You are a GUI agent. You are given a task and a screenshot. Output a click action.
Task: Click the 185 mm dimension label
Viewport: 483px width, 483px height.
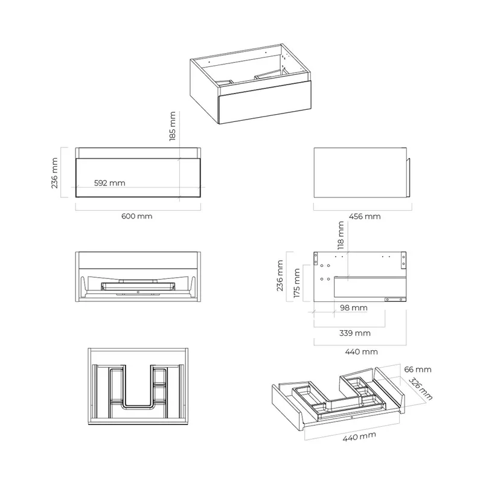click(173, 126)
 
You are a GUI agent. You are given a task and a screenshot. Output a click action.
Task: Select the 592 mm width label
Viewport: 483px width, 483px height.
click(110, 183)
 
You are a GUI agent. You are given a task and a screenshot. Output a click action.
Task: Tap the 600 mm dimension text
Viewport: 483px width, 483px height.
click(137, 216)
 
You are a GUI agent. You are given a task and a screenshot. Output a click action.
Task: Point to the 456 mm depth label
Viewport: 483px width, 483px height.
click(365, 217)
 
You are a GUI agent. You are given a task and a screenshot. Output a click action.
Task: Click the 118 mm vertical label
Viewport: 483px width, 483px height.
click(341, 235)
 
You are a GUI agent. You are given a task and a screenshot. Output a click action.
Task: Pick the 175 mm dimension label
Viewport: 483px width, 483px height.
click(296, 283)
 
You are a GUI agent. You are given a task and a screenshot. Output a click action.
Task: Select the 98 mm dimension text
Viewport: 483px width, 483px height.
click(354, 308)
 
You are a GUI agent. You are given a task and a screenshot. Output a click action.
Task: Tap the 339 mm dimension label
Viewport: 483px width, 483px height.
click(355, 333)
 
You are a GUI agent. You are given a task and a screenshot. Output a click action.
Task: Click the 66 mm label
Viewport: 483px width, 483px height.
click(418, 369)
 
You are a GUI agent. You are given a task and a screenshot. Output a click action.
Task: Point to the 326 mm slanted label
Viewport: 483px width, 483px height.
click(420, 389)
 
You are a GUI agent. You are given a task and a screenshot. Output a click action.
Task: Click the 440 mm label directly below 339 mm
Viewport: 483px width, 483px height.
click(361, 351)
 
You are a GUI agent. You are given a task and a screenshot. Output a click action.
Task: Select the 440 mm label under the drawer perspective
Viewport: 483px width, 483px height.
click(359, 437)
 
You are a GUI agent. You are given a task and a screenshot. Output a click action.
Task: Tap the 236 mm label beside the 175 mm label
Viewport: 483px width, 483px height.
click(280, 276)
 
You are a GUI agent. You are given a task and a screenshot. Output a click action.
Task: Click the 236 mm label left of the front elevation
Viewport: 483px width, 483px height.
click(54, 173)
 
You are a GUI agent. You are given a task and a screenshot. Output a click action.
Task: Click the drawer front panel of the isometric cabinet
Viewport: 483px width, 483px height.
click(264, 102)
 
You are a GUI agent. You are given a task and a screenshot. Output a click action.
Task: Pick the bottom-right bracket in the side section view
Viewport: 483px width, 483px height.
click(395, 299)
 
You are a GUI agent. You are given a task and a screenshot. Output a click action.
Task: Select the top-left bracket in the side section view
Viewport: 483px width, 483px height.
click(316, 258)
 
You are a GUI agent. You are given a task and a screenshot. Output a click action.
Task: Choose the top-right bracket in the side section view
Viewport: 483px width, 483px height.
click(403, 260)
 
